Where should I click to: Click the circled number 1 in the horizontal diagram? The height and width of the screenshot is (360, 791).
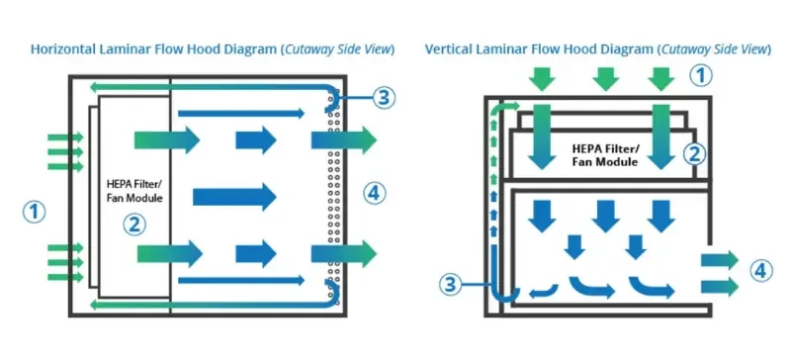(35, 210)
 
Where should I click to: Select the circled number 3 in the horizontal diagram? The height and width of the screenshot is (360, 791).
(385, 97)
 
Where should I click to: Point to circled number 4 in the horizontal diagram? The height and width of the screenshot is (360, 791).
(372, 191)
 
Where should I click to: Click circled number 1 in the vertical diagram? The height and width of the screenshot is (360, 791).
(699, 75)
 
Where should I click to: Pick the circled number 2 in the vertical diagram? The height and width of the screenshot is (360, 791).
(694, 153)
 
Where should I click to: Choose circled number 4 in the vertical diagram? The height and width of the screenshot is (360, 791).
(757, 270)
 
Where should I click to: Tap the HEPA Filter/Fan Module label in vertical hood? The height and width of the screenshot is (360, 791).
(605, 154)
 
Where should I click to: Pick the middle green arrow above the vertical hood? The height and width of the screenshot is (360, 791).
(605, 77)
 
